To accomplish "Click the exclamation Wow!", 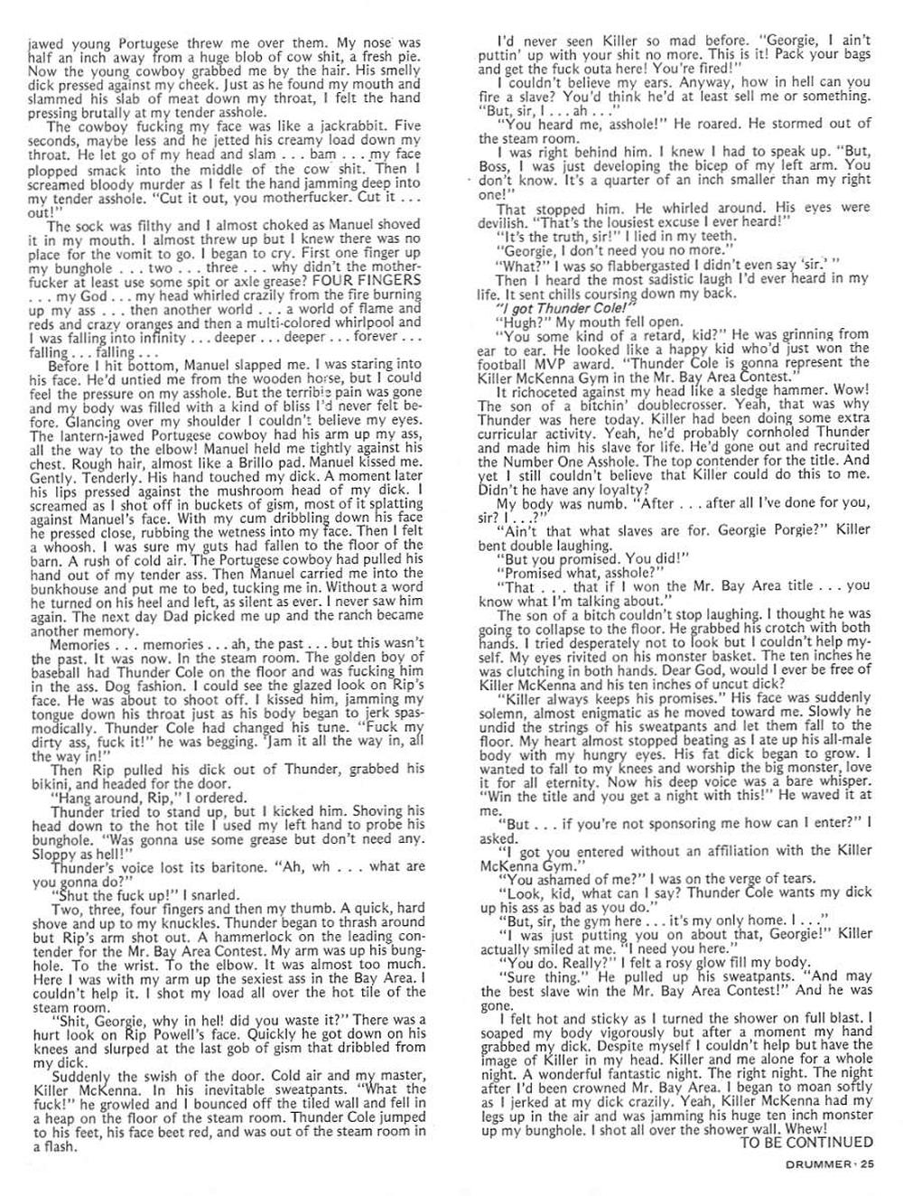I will pyautogui.click(x=857, y=392).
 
